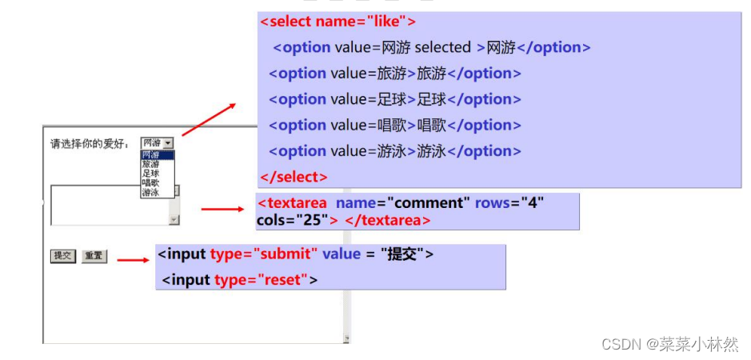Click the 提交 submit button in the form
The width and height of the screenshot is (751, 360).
coord(63,256)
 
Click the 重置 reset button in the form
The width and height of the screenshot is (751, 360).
coord(94,256)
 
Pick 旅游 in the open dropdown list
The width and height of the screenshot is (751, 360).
coord(151,164)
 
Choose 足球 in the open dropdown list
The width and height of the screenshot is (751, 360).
coord(151,174)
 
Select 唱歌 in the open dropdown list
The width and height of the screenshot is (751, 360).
coord(151,183)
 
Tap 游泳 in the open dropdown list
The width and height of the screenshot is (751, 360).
coord(151,193)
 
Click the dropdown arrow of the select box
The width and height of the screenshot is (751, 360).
coord(168,143)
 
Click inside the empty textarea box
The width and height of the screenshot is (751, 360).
coord(109,206)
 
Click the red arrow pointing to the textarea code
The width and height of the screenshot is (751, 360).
coord(222,210)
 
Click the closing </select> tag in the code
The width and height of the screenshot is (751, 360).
coord(294,177)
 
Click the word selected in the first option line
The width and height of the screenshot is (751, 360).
coord(442,48)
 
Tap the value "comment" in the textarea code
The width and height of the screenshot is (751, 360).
coord(429,203)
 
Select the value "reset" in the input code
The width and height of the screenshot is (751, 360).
coord(282,280)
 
